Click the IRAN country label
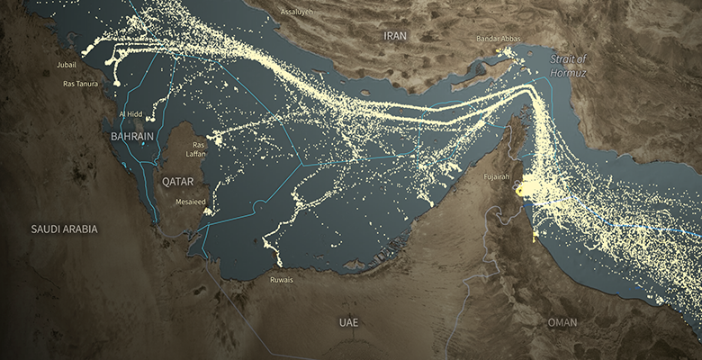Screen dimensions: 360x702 [x=395, y=36]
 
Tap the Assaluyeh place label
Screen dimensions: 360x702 [x=297, y=12]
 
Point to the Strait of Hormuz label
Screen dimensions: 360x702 [x=568, y=65]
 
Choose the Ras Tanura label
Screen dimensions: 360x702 [x=80, y=84]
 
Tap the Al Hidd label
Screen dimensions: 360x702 [x=130, y=115]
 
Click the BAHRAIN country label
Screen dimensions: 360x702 [x=132, y=136]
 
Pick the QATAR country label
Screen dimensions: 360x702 [x=177, y=181]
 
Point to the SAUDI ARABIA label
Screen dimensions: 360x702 [x=64, y=229]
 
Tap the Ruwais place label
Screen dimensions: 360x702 [x=282, y=280]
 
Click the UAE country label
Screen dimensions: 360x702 [x=348, y=321]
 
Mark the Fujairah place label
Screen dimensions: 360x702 [x=496, y=176]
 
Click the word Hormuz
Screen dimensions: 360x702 [x=568, y=71]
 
